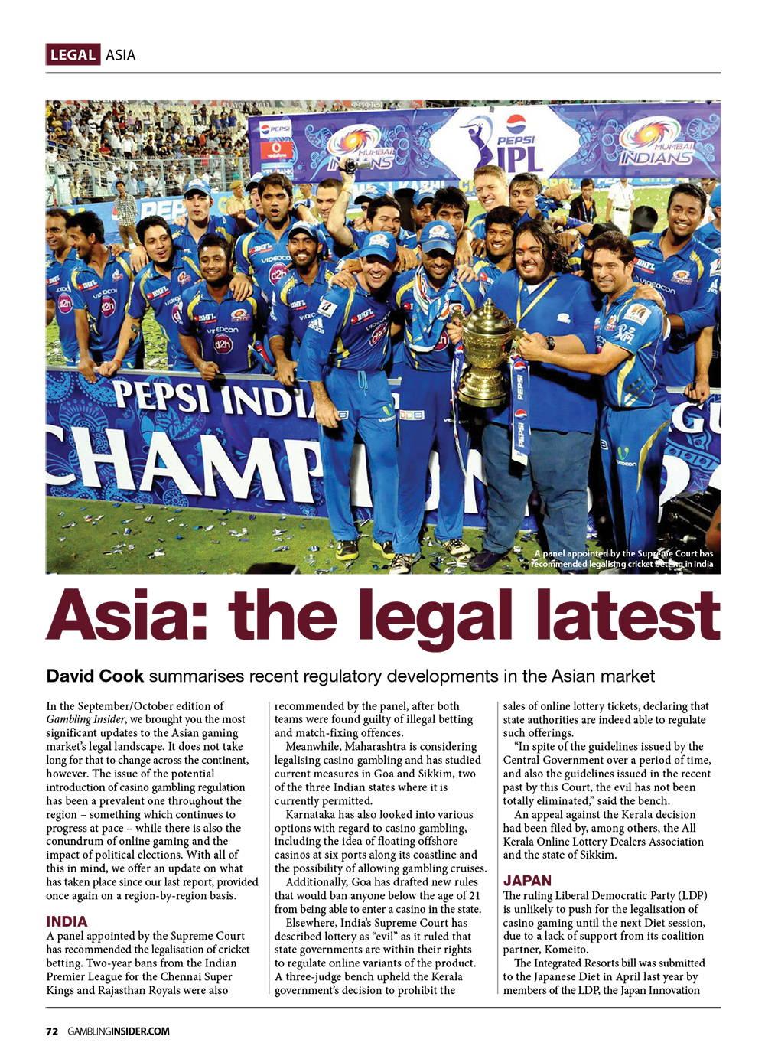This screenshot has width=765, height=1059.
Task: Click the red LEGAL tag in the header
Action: (73, 54)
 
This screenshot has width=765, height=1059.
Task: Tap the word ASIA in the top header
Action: (120, 54)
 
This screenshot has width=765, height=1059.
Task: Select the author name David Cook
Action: (96, 676)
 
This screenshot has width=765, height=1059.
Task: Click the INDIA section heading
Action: (67, 921)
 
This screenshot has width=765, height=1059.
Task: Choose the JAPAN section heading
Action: (527, 881)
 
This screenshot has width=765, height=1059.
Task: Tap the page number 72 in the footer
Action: (52, 1031)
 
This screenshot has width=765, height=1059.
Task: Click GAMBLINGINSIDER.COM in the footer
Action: (118, 1031)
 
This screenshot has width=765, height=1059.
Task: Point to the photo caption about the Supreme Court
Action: (623, 559)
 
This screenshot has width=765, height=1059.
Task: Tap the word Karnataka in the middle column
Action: (310, 814)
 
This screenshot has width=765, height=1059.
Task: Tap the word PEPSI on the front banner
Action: (158, 397)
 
